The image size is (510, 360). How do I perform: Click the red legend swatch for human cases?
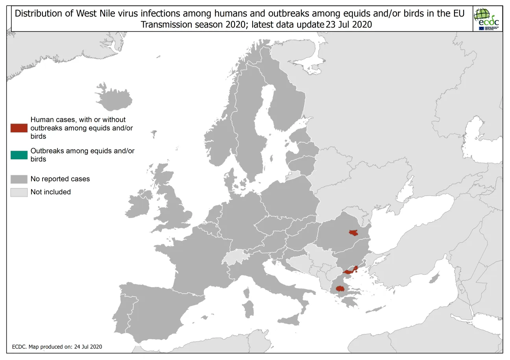19,128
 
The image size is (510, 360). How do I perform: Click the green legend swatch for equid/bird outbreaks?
19,155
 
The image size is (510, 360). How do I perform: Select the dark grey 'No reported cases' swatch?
19,179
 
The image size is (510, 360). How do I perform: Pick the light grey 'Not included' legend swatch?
19,192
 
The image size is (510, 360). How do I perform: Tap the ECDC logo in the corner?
488,19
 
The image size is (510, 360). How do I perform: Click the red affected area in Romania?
353,233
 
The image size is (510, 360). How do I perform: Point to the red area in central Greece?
339,289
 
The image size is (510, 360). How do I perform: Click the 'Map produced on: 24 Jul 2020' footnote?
57,347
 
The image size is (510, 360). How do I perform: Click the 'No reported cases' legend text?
60,179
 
